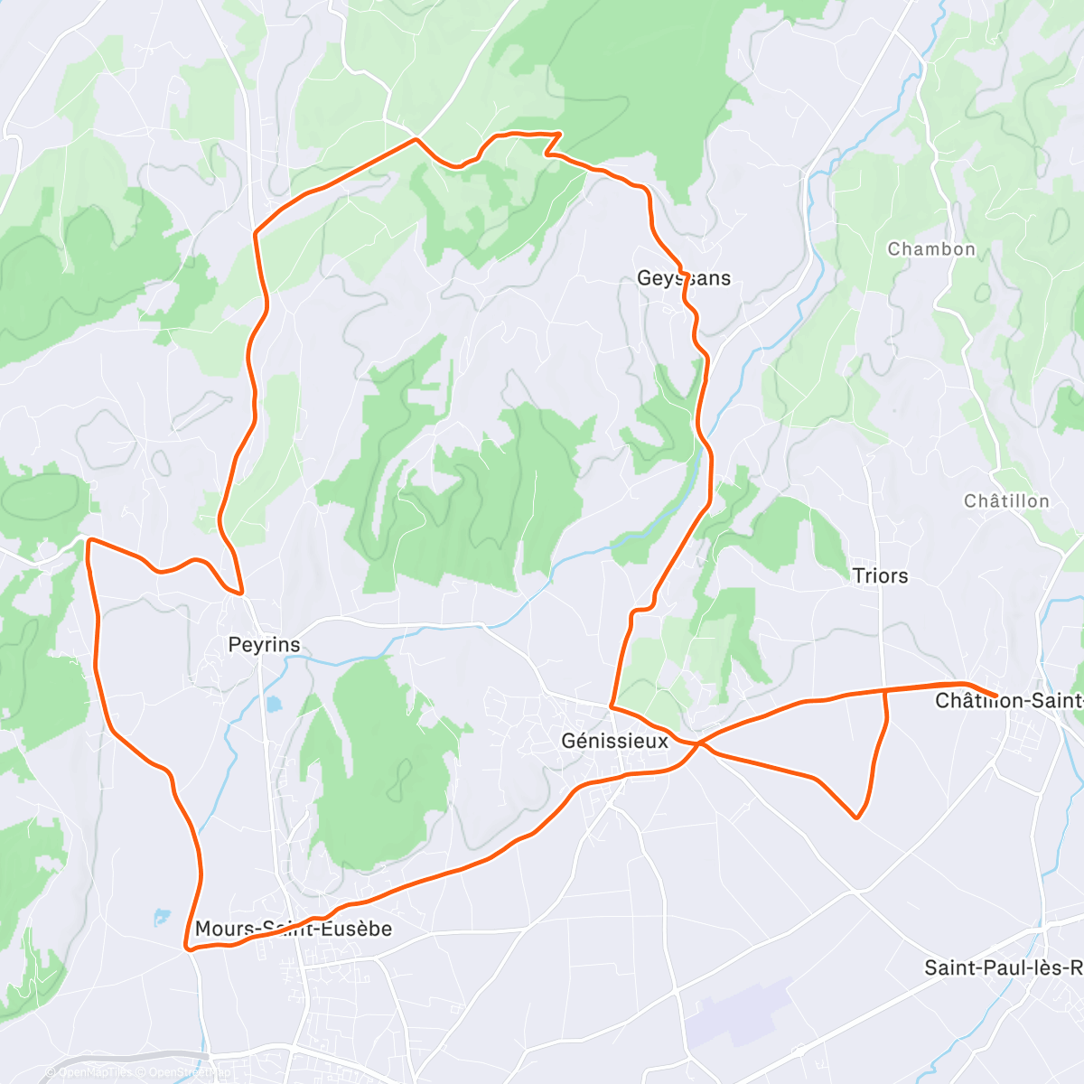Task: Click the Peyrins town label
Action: pyautogui.click(x=264, y=645)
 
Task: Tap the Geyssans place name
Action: pyautogui.click(x=684, y=278)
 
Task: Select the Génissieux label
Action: pyautogui.click(x=615, y=741)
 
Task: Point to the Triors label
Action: pyautogui.click(x=880, y=575)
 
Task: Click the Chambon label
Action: pyautogui.click(x=931, y=249)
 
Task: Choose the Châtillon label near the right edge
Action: pyautogui.click(x=1006, y=500)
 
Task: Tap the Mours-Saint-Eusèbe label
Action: pyautogui.click(x=294, y=929)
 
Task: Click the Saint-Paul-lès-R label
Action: pyautogui.click(x=1003, y=967)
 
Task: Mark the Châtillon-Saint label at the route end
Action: pyautogui.click(x=1008, y=701)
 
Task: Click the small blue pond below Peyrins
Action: pyautogui.click(x=273, y=703)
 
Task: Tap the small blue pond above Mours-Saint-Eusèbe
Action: pyautogui.click(x=162, y=917)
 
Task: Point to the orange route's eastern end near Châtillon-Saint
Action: pyautogui.click(x=995, y=696)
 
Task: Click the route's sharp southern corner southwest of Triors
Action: pyautogui.click(x=855, y=818)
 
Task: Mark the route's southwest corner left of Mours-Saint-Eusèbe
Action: pyautogui.click(x=187, y=948)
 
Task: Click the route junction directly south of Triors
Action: pyautogui.click(x=883, y=691)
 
